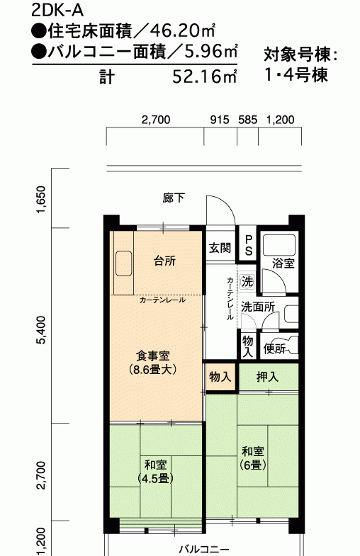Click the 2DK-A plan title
point(57,11)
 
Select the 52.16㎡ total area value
point(205,76)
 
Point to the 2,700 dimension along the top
point(156,120)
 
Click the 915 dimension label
point(220,120)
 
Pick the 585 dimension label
point(247,120)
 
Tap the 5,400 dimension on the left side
point(41,330)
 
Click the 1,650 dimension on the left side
point(41,199)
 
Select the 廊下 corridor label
point(174,198)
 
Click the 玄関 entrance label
point(220,248)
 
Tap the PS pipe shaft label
point(248,245)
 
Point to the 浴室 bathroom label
point(283,263)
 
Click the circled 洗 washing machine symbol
point(247,282)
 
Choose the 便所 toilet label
point(274,349)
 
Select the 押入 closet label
point(267,378)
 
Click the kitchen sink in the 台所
point(124,263)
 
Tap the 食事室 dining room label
point(153,356)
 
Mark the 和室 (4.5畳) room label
point(155,472)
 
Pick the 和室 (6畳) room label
point(252,458)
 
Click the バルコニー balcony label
point(204,550)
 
